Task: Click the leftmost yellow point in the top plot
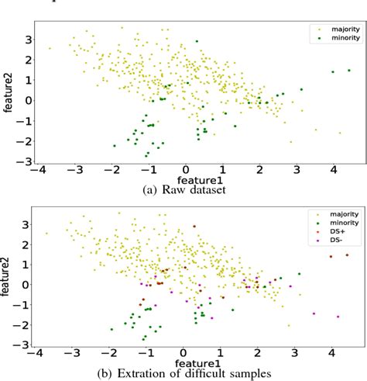[50, 48]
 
